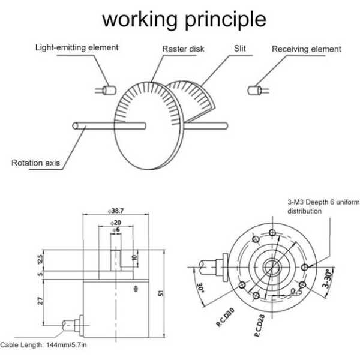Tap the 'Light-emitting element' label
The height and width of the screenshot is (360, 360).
coord(76,47)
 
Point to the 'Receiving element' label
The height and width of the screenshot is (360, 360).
coord(306,49)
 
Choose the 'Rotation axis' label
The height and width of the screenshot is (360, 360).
coord(35,163)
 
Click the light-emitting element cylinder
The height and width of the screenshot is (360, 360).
coord(109,90)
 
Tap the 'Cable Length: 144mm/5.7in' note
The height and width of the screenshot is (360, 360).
coord(44,345)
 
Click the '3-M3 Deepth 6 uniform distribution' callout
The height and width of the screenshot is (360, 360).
coord(322,207)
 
